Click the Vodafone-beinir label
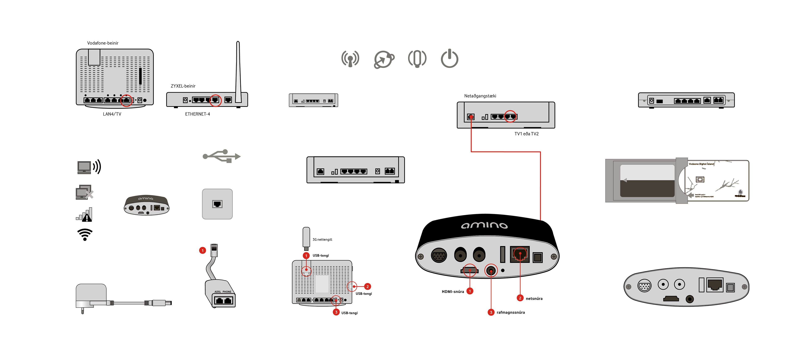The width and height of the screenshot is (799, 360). coord(103,43)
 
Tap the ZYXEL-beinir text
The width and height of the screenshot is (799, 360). coord(183,86)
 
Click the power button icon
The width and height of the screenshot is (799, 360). coord(449,59)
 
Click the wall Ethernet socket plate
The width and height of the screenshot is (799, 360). coord(217,204)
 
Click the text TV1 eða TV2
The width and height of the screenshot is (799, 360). coord(526,134)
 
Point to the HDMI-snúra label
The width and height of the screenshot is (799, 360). coord(453,291)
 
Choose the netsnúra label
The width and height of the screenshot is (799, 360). coord(534,299)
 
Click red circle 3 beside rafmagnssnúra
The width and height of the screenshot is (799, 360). coord(491,312)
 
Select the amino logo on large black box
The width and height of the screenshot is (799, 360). coord(484,225)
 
